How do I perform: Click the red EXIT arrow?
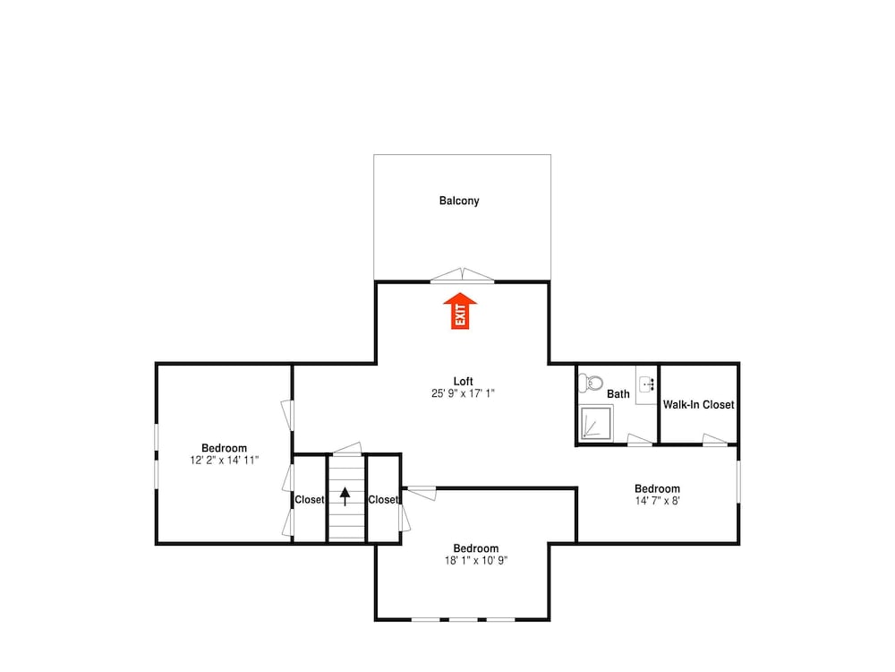[x=460, y=311]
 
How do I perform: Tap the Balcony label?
[x=459, y=201]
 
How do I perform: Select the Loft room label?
[x=463, y=381]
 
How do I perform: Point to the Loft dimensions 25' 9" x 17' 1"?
[x=463, y=393]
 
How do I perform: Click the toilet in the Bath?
[x=591, y=383]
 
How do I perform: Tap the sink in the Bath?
[x=647, y=383]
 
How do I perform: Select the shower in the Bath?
[x=596, y=423]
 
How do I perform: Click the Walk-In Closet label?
[x=699, y=405]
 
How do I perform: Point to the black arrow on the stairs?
[x=345, y=496]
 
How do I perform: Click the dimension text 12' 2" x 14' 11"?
[x=225, y=460]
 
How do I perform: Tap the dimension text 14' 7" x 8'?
[x=658, y=501]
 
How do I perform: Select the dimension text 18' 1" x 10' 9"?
[x=476, y=561]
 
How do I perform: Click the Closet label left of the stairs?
[x=310, y=499]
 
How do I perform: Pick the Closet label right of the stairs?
[x=383, y=499]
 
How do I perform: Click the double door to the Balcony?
[x=463, y=275]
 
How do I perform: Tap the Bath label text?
[x=618, y=393]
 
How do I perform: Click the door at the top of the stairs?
[x=347, y=449]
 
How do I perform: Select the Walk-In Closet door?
[x=714, y=439]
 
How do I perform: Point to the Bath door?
[x=640, y=439]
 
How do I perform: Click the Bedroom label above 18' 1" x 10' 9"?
[x=476, y=548]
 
